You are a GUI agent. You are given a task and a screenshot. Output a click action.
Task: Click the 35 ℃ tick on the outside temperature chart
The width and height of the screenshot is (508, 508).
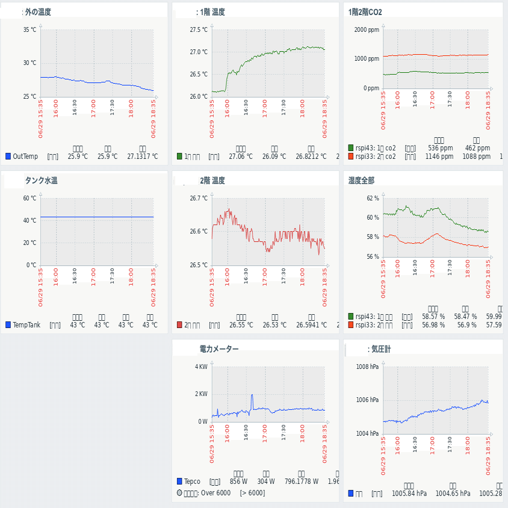point(29,29)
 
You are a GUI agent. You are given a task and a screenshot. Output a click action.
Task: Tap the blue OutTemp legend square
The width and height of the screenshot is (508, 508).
point(8,156)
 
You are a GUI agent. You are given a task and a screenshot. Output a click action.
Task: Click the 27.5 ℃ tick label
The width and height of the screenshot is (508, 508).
point(199,29)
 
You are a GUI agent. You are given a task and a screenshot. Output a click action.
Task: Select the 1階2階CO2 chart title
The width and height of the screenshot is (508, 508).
point(365,12)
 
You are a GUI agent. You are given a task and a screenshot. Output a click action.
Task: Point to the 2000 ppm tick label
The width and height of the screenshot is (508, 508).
point(367,29)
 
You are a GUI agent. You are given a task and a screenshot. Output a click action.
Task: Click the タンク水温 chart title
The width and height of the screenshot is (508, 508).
point(41,181)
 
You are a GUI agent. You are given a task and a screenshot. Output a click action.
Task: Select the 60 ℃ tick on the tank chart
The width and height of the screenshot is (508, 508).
point(29,198)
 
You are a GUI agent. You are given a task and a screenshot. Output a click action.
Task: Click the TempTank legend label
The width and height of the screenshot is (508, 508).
point(26,325)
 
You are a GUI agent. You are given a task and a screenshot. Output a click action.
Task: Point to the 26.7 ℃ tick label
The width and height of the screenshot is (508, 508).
point(199,198)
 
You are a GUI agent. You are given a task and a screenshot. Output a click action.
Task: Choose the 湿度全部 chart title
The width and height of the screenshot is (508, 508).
point(361,181)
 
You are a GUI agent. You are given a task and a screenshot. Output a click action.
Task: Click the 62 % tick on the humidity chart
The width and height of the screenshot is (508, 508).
point(373,198)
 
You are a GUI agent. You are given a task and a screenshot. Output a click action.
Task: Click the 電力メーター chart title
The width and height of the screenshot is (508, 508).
point(218,349)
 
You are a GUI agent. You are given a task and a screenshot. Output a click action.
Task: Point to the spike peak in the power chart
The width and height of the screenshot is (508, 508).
point(252,395)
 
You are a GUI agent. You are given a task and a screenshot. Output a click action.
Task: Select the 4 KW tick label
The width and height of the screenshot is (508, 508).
point(201,367)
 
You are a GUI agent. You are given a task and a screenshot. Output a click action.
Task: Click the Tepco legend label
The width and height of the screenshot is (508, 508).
point(192,482)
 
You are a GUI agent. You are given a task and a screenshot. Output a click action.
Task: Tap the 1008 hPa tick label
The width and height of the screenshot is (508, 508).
point(368,367)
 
